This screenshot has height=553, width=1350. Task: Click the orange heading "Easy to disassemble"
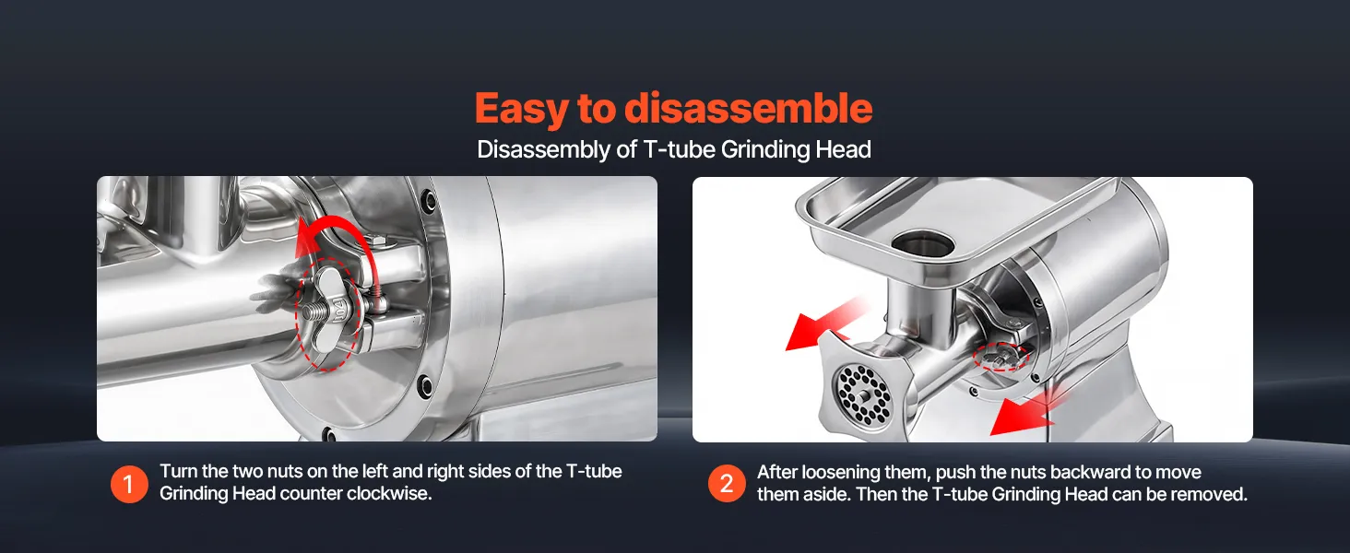tap(673, 109)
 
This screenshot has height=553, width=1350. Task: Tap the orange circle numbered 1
tap(129, 484)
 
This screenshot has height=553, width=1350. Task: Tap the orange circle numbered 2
tap(727, 484)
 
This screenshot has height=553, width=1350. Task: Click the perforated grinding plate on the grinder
tap(863, 394)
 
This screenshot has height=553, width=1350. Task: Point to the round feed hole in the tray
tap(923, 244)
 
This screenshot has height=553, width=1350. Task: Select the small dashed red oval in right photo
tap(1001, 358)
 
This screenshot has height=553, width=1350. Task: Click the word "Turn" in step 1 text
tap(178, 471)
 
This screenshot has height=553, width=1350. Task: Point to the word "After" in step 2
tap(776, 472)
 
